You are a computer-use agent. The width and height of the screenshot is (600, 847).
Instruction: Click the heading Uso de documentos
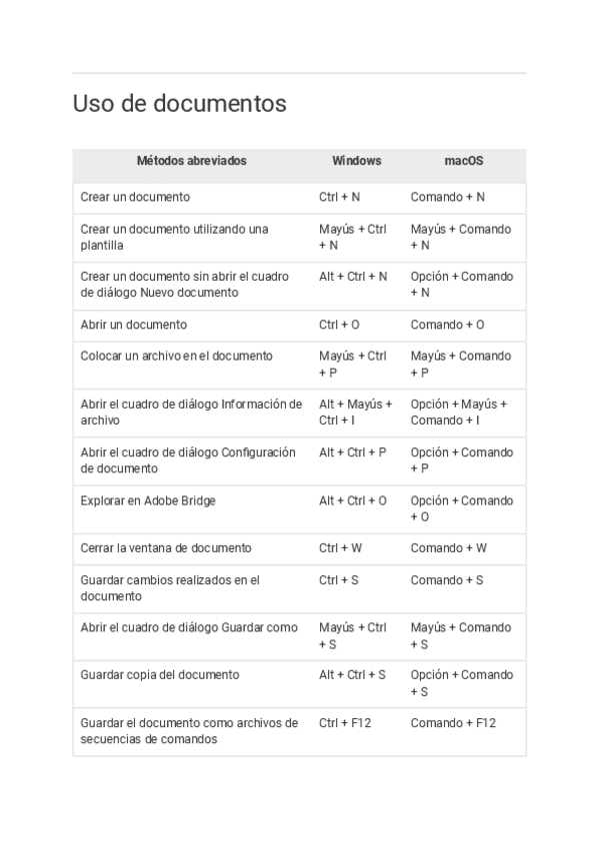point(180,104)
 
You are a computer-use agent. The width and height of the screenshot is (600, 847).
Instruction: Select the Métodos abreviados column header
point(191,161)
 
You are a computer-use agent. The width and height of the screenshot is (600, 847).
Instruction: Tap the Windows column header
point(356,161)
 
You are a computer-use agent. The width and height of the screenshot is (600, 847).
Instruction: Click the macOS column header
point(464,161)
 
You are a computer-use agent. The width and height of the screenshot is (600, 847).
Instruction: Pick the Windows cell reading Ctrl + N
point(339,198)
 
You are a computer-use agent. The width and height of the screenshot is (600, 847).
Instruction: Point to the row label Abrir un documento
point(133,325)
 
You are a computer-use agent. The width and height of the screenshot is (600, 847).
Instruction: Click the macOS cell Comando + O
point(447,325)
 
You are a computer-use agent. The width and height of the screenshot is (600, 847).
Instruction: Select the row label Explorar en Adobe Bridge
point(147,500)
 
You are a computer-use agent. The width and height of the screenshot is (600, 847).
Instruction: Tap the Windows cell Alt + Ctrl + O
point(352,500)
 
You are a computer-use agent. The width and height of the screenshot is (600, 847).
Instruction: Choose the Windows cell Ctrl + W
point(340,548)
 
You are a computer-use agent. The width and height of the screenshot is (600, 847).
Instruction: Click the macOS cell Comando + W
point(448,548)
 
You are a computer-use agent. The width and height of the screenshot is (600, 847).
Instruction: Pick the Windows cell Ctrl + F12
point(344,723)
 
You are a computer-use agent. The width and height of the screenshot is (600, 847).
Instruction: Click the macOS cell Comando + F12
point(452,723)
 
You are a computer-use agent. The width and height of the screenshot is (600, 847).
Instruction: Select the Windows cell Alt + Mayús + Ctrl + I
point(355,413)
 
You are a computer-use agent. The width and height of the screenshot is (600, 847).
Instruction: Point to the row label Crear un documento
point(135,198)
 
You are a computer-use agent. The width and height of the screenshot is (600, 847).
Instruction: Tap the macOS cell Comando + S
point(446,580)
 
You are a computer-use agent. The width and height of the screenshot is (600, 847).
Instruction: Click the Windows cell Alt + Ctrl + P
point(352,452)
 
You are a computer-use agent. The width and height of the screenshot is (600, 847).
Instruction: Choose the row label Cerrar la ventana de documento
point(166,548)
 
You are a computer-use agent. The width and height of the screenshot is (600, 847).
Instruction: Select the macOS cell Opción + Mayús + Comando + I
point(458,413)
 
